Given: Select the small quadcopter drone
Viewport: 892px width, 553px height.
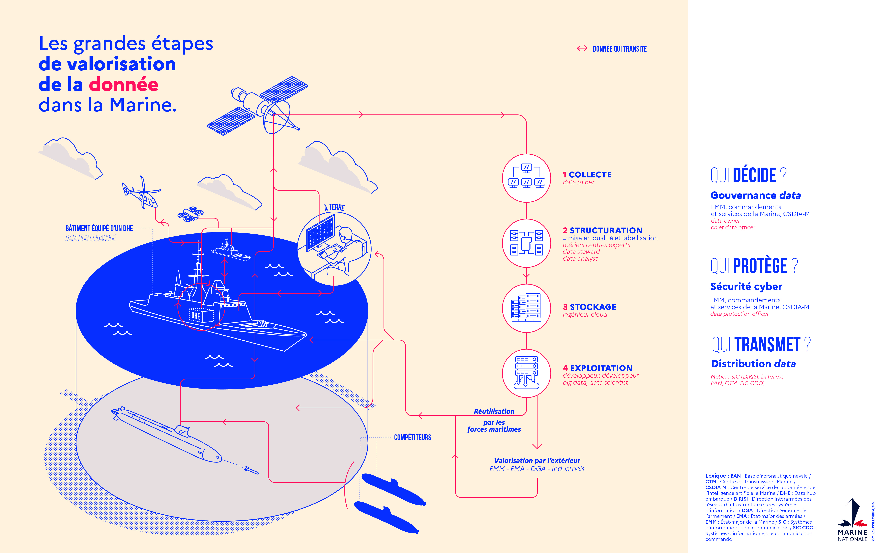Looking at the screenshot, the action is (x=190, y=214).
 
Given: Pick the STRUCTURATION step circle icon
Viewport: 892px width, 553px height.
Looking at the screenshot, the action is (x=526, y=243).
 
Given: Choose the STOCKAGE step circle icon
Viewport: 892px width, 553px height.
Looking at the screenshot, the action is (x=526, y=308).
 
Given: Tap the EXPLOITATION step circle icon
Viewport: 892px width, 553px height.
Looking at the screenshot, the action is (x=526, y=373).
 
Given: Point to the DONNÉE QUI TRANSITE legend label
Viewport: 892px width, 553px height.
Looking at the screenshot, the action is (x=619, y=49).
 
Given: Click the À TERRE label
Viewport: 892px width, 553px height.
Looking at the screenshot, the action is (x=334, y=207).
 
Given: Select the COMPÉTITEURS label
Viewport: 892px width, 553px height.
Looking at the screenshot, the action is (x=412, y=438).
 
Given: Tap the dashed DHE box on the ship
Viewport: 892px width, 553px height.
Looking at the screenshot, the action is (x=201, y=315).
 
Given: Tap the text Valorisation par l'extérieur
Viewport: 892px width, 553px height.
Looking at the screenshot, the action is (x=537, y=461).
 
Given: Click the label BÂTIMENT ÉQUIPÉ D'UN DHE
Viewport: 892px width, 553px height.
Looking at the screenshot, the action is (x=99, y=229).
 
